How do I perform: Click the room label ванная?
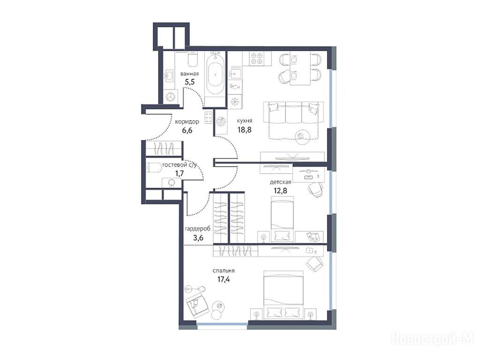(189, 74)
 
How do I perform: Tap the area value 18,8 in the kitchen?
(244, 130)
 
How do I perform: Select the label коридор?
(187, 121)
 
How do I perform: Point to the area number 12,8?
(280, 191)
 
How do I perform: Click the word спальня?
(224, 270)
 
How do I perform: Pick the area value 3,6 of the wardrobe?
(198, 237)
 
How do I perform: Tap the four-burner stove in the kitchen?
(257, 58)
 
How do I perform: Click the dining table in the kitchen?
(300, 69)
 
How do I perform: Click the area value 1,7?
(180, 173)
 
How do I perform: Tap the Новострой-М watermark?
(433, 339)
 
